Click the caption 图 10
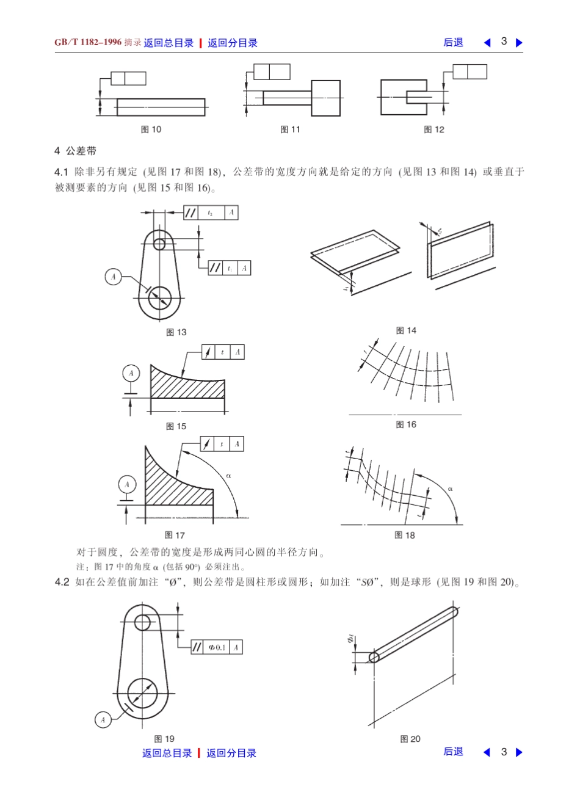[151, 129]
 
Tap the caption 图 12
[434, 129]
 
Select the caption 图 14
[406, 330]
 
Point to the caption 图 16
[406, 424]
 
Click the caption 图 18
[405, 535]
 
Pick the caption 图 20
[410, 739]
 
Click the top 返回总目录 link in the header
[169, 43]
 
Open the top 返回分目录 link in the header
[233, 43]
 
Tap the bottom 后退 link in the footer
[453, 752]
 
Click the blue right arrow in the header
[520, 43]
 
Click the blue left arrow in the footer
[487, 752]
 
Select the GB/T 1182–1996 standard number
[88, 42]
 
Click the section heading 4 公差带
[75, 151]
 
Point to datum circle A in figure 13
[113, 277]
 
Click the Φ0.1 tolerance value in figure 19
[217, 647]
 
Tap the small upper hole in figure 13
[160, 244]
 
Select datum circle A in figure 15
[131, 373]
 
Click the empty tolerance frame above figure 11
[272, 72]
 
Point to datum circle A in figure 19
[103, 720]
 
